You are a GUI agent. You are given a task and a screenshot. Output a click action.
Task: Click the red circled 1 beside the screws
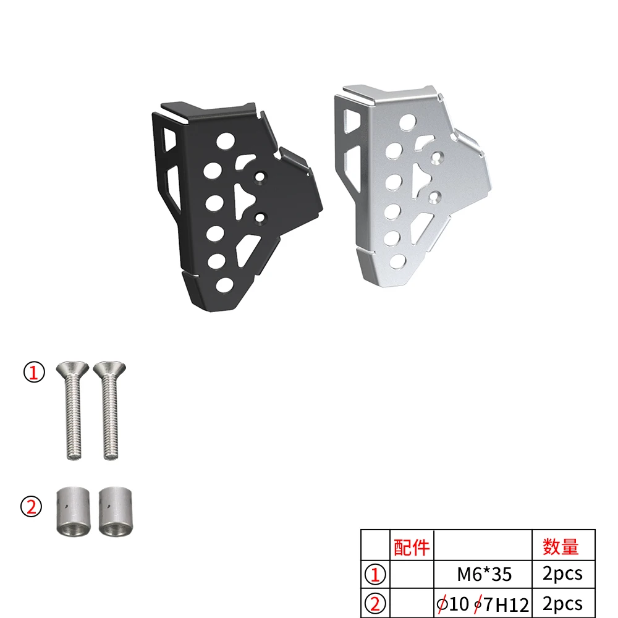point(34,373)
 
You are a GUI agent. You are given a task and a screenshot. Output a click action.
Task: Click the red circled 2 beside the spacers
point(32,507)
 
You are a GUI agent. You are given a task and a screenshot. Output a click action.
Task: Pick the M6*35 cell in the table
point(484,574)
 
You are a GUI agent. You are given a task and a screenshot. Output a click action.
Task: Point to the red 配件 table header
point(411,546)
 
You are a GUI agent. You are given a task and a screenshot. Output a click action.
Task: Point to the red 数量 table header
point(561,546)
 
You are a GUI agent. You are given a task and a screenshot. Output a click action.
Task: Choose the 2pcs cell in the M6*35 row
point(562,574)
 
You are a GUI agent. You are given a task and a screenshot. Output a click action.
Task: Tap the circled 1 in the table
point(375,575)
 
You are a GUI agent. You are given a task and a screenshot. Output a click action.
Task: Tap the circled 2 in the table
point(375,602)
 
